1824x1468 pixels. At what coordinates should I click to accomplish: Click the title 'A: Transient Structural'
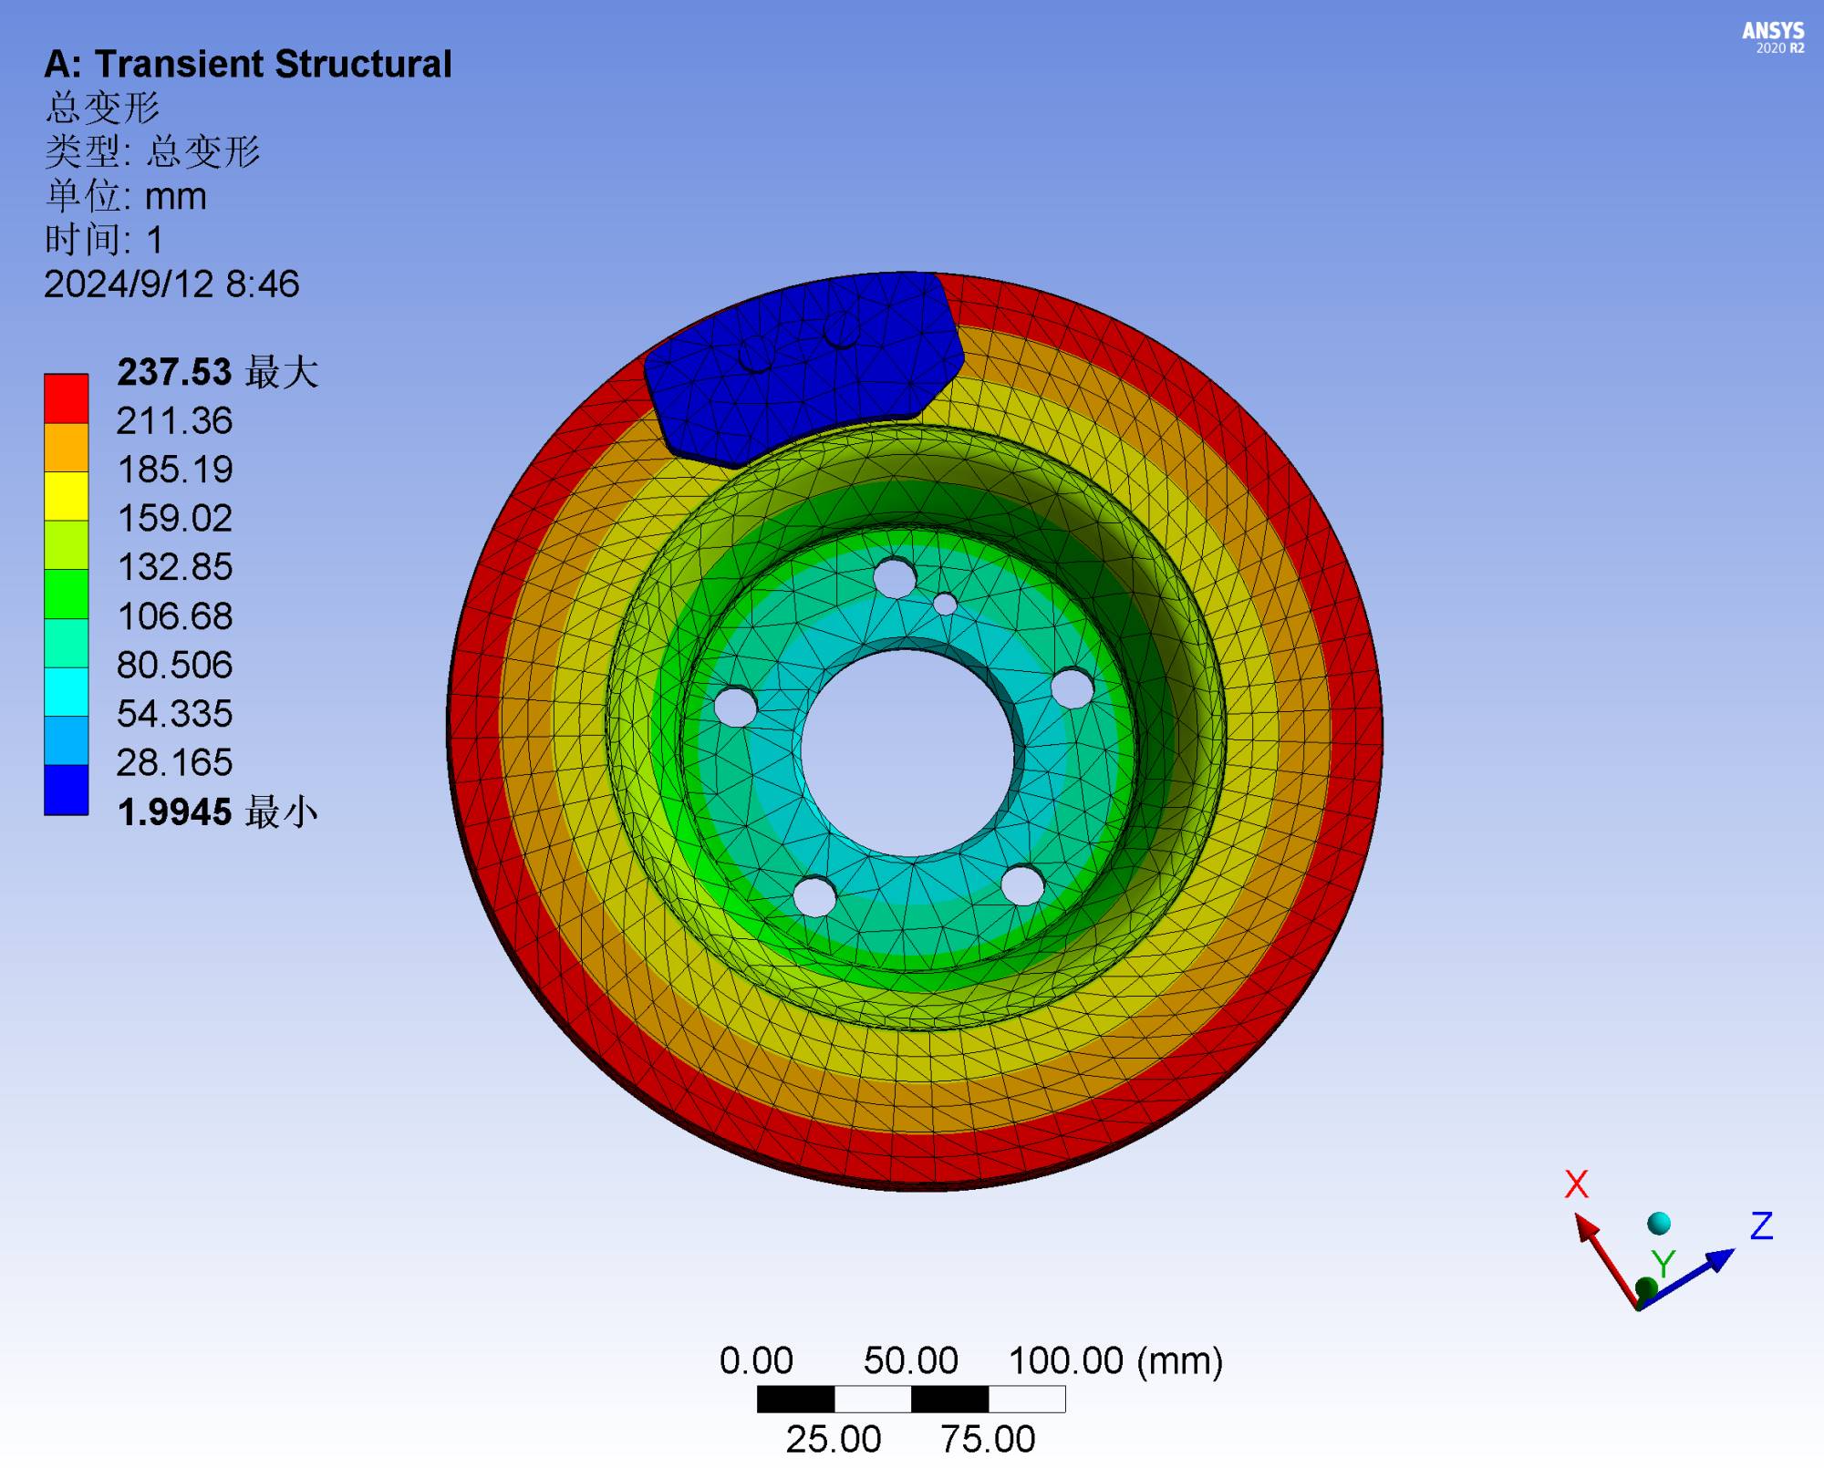[247, 65]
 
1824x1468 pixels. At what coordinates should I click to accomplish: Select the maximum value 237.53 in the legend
[174, 372]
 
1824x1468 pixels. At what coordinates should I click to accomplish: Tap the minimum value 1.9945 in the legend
[174, 812]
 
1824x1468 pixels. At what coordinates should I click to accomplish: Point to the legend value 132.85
[174, 567]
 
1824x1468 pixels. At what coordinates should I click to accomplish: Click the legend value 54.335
[174, 714]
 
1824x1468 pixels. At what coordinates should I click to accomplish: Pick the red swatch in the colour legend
[67, 398]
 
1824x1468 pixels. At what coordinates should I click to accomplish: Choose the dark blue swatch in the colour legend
[67, 790]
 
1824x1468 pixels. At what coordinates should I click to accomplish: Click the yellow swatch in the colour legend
[67, 496]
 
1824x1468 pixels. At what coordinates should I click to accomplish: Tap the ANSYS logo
[1773, 37]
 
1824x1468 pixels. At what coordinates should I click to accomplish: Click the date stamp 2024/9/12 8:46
[171, 284]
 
